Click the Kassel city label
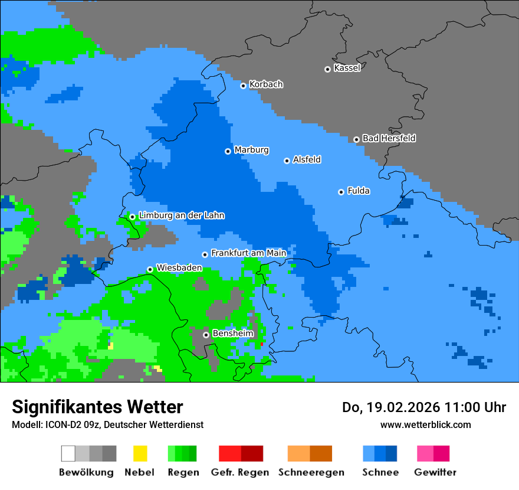click(x=347, y=68)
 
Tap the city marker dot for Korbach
click(x=243, y=86)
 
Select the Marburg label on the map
click(x=251, y=150)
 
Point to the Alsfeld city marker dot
click(x=287, y=161)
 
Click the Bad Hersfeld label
click(x=389, y=138)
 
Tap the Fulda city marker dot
click(x=341, y=192)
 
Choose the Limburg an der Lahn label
click(x=181, y=215)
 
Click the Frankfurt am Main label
click(x=248, y=253)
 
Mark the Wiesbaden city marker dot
click(x=150, y=269)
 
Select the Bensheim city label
click(x=232, y=334)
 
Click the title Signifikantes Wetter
click(x=97, y=407)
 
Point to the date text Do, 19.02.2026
click(x=390, y=407)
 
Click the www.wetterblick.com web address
click(x=425, y=424)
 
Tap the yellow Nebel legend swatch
click(x=140, y=453)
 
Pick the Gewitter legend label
click(x=435, y=472)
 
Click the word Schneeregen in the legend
click(x=311, y=472)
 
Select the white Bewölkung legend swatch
click(x=68, y=453)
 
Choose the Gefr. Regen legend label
click(x=240, y=472)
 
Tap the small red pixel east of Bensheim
click(x=261, y=344)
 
